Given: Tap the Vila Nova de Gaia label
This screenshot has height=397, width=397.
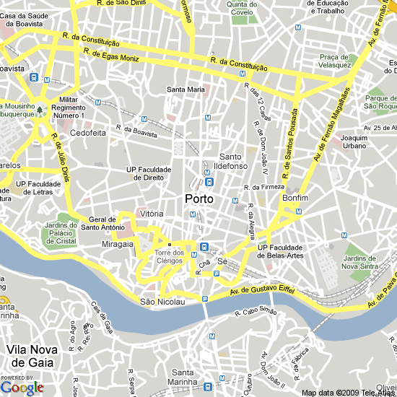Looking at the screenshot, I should pyautogui.click(x=30, y=356).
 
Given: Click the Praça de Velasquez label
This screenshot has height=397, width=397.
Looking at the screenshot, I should pyautogui.click(x=335, y=61).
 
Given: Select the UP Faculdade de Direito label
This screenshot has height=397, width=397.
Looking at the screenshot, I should pyautogui.click(x=149, y=173).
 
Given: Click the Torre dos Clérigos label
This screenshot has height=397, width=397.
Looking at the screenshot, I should pyautogui.click(x=169, y=257).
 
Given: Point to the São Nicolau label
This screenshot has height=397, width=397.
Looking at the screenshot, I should pyautogui.click(x=158, y=301).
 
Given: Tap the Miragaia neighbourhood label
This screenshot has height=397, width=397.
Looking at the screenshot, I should pyautogui.click(x=118, y=244).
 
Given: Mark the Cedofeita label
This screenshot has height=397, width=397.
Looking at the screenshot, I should pyautogui.click(x=88, y=133).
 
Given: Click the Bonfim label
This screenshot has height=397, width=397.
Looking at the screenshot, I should pyautogui.click(x=296, y=197).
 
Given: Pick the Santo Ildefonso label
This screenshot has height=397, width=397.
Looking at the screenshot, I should pyautogui.click(x=231, y=162).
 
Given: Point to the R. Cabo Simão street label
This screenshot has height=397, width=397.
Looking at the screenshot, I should pyautogui.click(x=256, y=312).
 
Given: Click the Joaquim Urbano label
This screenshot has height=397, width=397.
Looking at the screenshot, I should pyautogui.click(x=355, y=141).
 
